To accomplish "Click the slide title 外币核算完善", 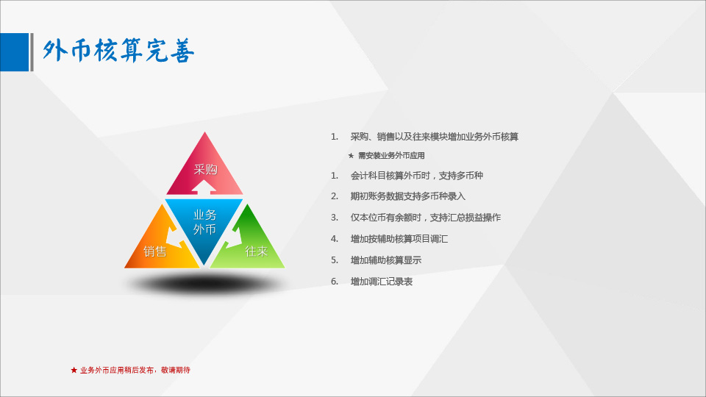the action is [118, 51].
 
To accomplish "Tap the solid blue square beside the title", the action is [15, 52].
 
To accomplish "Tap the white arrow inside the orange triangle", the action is [174, 237].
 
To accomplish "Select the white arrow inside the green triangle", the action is [234, 237].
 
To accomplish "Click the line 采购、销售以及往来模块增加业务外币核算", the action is [435, 137].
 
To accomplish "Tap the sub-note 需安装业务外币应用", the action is [391, 156].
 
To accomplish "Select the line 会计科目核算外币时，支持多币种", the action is [417, 176].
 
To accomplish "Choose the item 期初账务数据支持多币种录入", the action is [408, 196].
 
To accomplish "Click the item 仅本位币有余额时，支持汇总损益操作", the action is [426, 218].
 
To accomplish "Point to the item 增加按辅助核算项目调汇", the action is [399, 238].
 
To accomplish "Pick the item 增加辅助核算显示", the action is [386, 260].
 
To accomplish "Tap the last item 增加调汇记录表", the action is [382, 282].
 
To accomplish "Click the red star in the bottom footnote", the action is [74, 370].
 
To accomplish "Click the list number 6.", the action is [335, 282].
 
